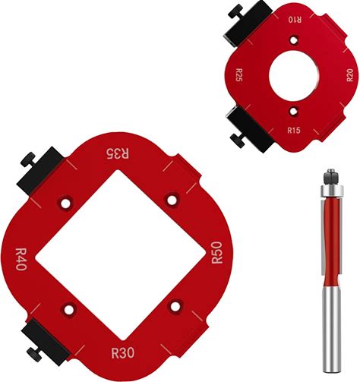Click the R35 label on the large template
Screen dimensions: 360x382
pyautogui.click(x=117, y=153)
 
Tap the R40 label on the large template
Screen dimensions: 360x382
pyautogui.click(x=21, y=259)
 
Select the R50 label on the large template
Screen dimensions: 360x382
pyautogui.click(x=217, y=253)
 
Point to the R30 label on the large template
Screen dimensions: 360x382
pyautogui.click(x=123, y=352)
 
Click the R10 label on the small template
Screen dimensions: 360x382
pyautogui.click(x=295, y=20)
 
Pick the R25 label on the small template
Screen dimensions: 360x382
pyautogui.click(x=239, y=74)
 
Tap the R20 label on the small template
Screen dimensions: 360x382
pyautogui.click(x=349, y=75)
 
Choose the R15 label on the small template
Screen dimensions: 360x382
pyautogui.click(x=294, y=131)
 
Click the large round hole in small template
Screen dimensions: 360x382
pyautogui.click(x=294, y=75)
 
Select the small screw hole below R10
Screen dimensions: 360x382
pyautogui.click(x=294, y=40)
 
